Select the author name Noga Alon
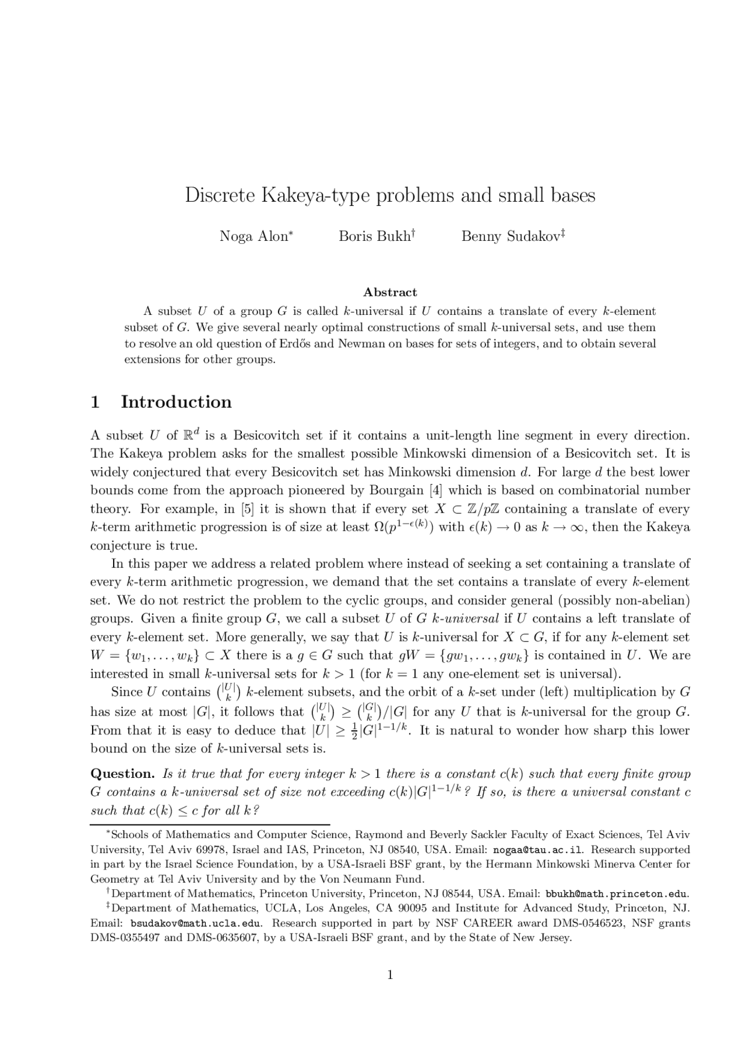[254, 237]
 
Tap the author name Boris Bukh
[375, 237]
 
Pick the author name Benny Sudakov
[511, 237]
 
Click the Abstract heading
[390, 292]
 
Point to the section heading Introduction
[176, 402]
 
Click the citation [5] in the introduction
[248, 509]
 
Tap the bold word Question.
[122, 774]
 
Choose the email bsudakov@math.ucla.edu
[196, 924]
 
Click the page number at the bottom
[390, 975]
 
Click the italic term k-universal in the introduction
[471, 619]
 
